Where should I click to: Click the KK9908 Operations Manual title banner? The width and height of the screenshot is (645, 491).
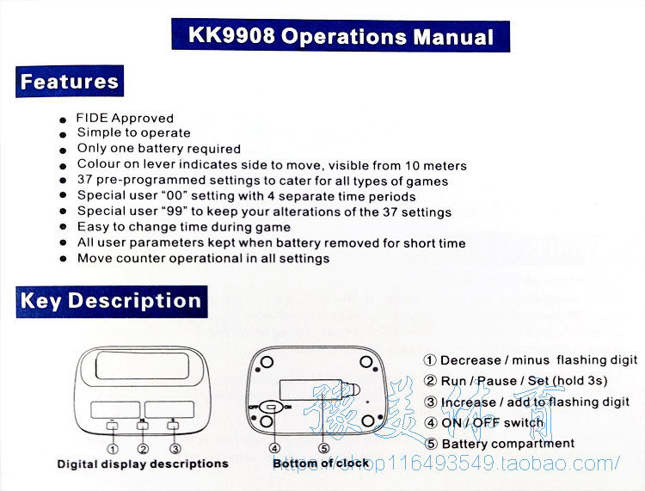341,36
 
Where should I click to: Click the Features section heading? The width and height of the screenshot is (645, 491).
69,82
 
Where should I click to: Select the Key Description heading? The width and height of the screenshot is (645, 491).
110,301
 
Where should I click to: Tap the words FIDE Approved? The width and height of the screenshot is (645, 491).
125,118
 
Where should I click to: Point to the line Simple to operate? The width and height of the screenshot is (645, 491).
133,132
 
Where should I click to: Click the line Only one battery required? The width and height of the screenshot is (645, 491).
158,149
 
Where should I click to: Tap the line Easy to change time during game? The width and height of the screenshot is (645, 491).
183,227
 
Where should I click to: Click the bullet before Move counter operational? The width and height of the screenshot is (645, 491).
64,260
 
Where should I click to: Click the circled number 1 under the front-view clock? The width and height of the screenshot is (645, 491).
112,448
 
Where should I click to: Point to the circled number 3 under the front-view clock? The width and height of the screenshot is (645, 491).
175,448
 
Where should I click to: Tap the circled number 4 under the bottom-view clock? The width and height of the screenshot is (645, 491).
274,448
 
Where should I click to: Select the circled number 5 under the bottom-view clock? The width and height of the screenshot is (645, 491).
324,448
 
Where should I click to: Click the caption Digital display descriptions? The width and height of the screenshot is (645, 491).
143,464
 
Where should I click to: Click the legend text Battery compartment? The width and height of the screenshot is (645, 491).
507,444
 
